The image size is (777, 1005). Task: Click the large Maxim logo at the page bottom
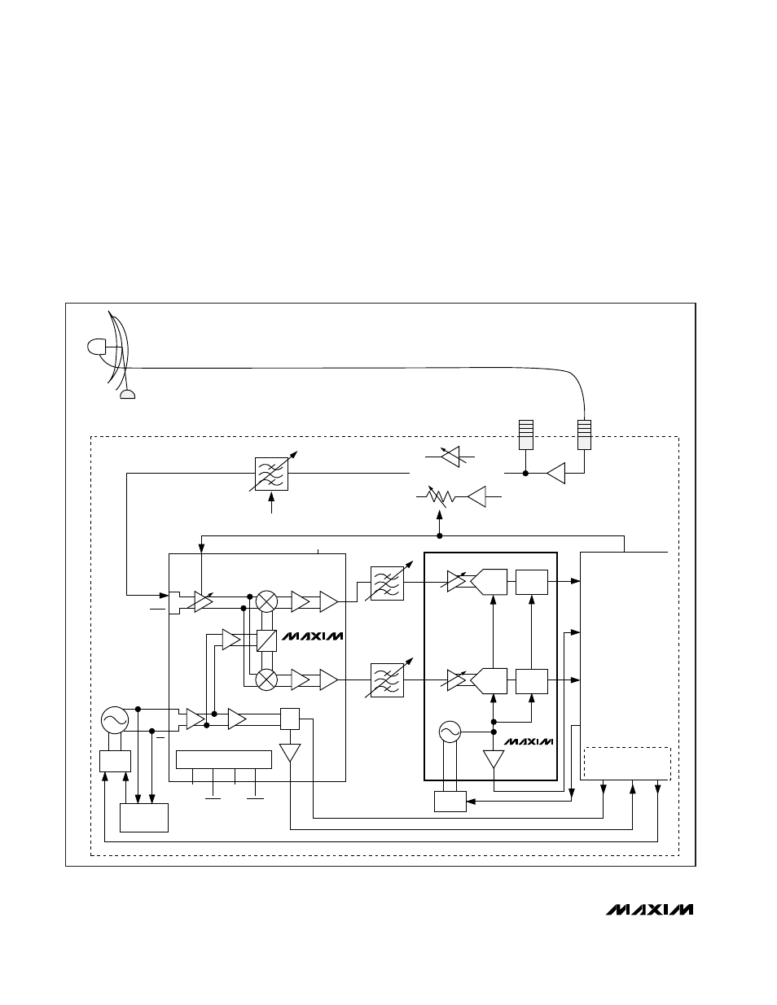(649, 909)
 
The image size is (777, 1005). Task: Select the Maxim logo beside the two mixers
(313, 636)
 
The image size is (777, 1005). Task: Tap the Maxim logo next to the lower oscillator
(529, 741)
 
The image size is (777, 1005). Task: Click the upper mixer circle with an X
(266, 602)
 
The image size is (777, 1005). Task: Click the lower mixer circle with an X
(266, 679)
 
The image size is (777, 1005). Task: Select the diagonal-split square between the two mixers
(266, 640)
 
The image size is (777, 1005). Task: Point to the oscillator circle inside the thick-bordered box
(450, 732)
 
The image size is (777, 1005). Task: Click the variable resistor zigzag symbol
(441, 496)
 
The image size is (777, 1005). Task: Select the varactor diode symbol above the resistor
(454, 457)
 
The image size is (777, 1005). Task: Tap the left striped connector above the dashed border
(525, 434)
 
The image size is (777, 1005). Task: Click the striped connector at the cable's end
(583, 434)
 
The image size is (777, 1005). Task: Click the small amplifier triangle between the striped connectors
(556, 472)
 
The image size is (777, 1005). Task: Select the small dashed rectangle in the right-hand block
(627, 763)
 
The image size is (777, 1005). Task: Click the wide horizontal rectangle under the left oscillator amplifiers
(224, 759)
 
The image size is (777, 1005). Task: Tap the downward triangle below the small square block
(290, 753)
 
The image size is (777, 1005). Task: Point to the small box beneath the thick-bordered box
(450, 801)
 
